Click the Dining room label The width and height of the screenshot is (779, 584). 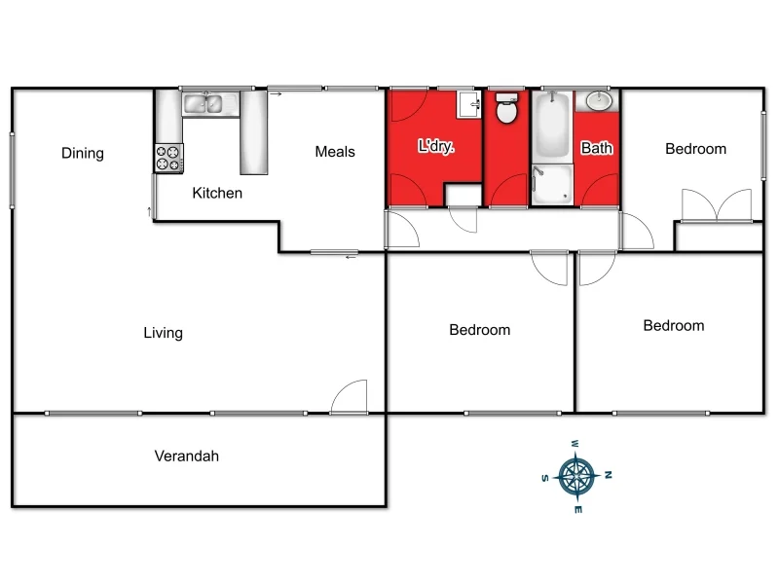pos(83,153)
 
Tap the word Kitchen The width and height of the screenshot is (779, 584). pos(217,193)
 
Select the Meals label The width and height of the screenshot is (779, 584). pos(335,152)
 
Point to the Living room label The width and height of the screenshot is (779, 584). pos(164,333)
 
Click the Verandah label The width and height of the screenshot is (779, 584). pos(187,456)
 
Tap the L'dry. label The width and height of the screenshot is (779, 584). pos(436,148)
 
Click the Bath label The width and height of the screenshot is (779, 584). pos(597,149)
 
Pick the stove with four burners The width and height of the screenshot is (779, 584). pos(168,159)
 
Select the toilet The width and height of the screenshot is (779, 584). pos(506,110)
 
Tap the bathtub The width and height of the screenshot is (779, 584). pos(552,127)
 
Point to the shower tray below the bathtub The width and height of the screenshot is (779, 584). pos(552,185)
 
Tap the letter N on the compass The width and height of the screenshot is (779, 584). pos(608,475)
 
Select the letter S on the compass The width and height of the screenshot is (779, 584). pos(545,478)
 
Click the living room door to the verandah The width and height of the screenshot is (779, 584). pos(350,396)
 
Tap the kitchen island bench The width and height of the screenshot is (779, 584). pos(253,132)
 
